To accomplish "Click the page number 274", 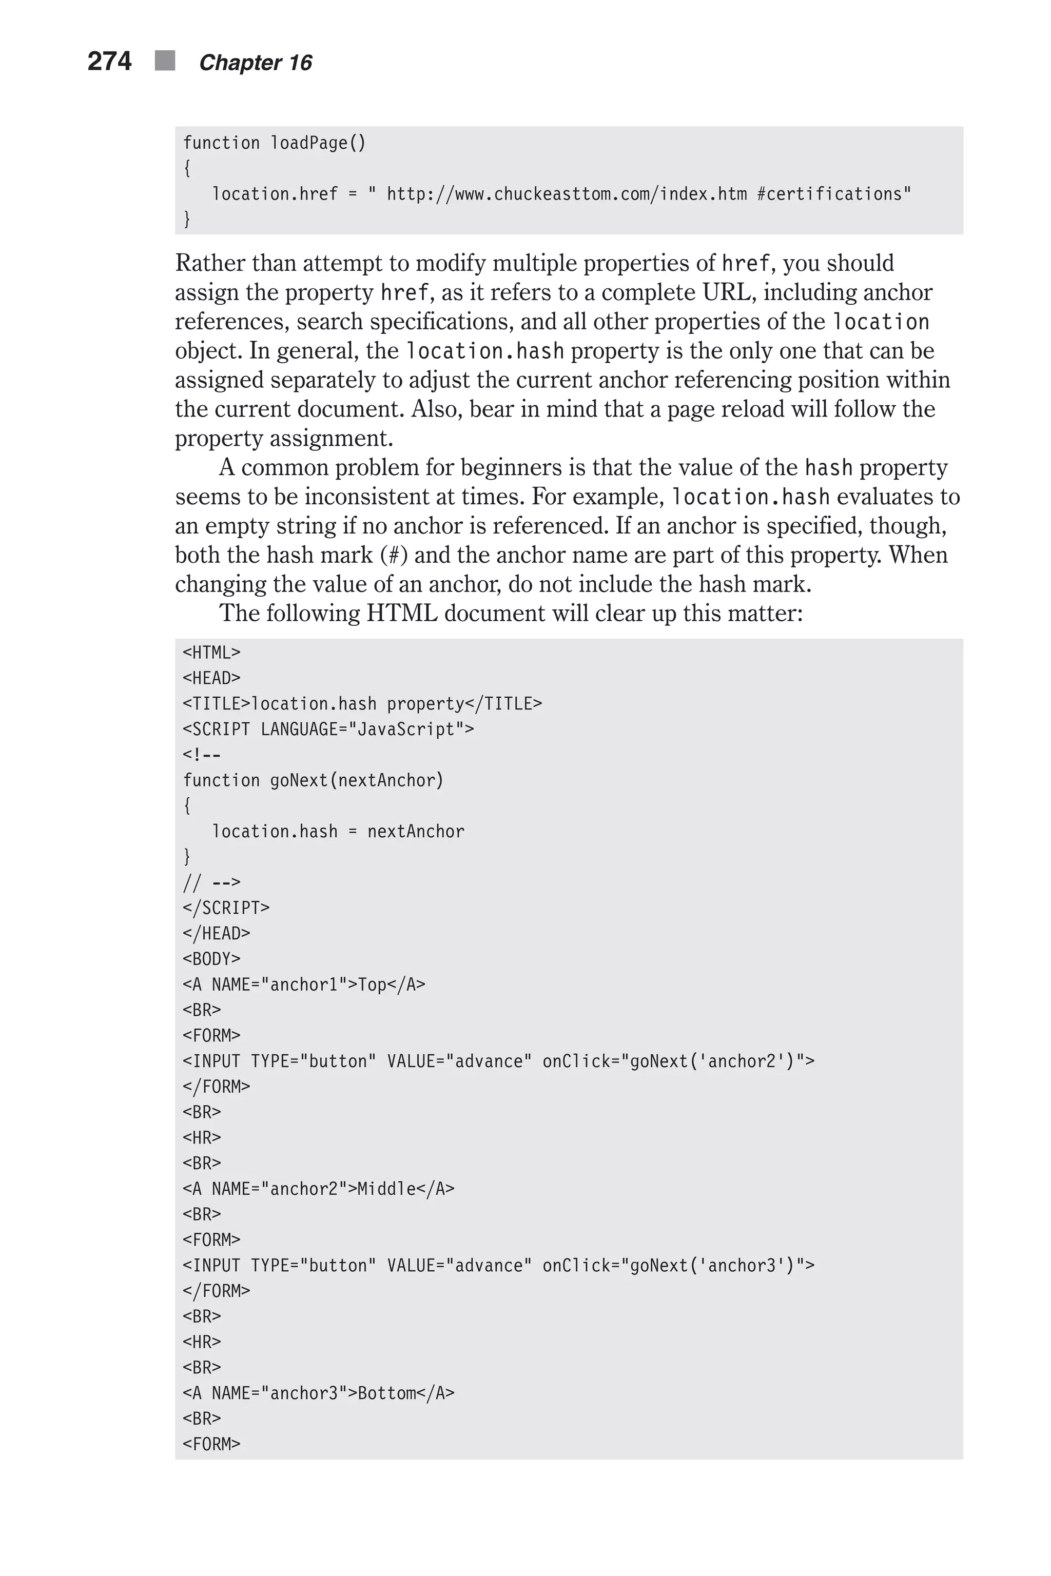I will (x=109, y=62).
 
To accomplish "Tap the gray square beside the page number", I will (x=165, y=61).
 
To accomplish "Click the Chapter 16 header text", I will (x=256, y=63).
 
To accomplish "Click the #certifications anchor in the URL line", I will (x=833, y=194).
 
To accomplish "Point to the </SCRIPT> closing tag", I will (x=226, y=909).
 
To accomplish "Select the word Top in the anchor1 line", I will (x=372, y=985).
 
